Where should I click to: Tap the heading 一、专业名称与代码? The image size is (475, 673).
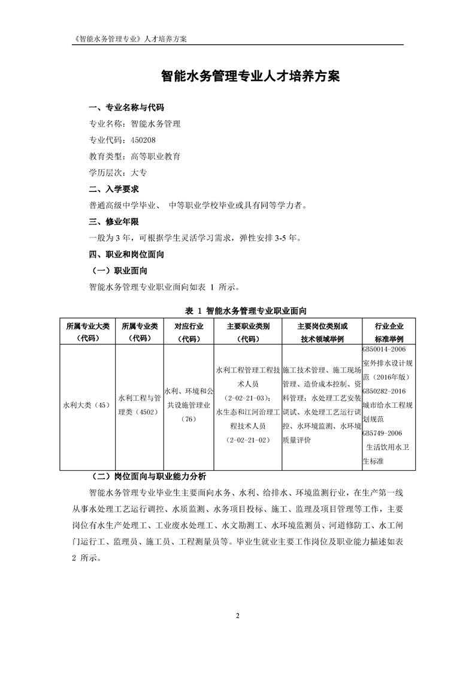126,108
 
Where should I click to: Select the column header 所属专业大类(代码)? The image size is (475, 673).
88,332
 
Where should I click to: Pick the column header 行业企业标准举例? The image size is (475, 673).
389,332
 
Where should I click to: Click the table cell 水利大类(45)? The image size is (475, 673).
87,405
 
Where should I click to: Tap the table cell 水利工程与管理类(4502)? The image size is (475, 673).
140,405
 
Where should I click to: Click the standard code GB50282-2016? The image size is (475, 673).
384,392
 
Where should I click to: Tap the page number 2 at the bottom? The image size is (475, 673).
237,615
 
